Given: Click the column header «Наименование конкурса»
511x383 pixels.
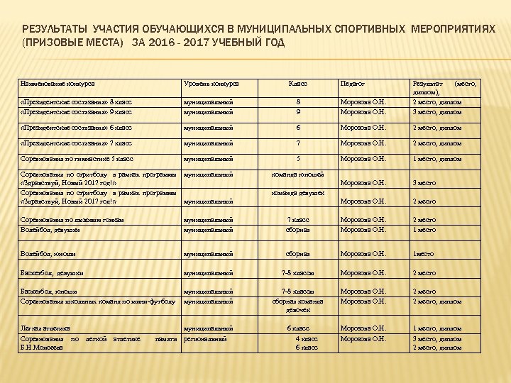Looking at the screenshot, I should pyautogui.click(x=58, y=84).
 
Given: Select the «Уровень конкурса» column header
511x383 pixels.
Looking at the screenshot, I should pyautogui.click(x=211, y=84).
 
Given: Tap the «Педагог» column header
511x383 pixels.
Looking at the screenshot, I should pyautogui.click(x=353, y=84).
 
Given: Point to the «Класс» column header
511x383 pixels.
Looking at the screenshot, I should pyautogui.click(x=297, y=84).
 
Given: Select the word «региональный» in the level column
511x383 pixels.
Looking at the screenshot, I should pyautogui.click(x=207, y=339).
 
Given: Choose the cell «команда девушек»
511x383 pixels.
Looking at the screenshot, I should pyautogui.click(x=298, y=192).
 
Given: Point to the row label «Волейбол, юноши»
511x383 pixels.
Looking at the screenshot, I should pyautogui.click(x=48, y=254).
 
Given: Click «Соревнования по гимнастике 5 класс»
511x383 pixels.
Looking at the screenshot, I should pyautogui.click(x=77, y=159).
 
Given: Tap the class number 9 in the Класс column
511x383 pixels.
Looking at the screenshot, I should pyautogui.click(x=298, y=111).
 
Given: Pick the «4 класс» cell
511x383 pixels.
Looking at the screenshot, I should pyautogui.click(x=306, y=339).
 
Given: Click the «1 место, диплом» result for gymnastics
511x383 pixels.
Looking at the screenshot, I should pyautogui.click(x=437, y=159).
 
